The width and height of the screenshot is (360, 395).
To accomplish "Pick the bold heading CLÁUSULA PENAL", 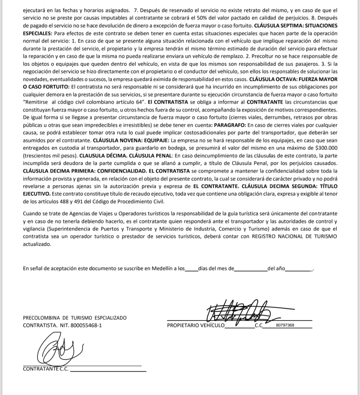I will point(150,156).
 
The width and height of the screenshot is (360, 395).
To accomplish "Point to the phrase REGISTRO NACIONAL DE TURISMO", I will point(295,236).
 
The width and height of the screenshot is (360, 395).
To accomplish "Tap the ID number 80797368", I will point(285,325).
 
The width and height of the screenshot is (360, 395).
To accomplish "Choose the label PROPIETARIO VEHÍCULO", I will point(196,325).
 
